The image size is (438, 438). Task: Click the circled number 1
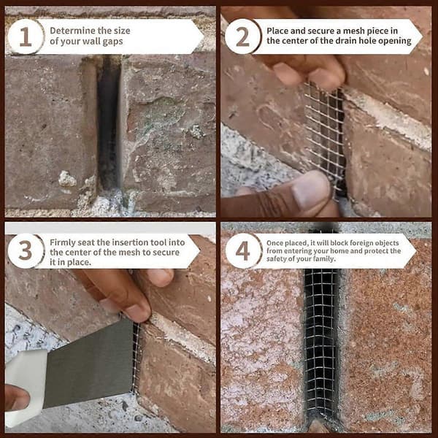click(26, 36)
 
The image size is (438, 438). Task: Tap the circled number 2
click(242, 36)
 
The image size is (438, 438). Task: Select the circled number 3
click(26, 250)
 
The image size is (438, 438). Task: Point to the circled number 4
click(242, 250)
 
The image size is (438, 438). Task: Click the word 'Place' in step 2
click(277, 31)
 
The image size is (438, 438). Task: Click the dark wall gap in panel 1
click(108, 123)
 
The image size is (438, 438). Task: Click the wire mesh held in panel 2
click(325, 137)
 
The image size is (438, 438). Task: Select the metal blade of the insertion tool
click(89, 363)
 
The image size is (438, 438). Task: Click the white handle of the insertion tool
click(25, 388)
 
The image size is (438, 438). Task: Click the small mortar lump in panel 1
click(67, 179)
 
